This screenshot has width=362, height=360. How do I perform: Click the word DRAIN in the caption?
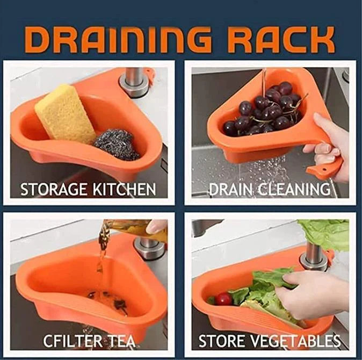229,189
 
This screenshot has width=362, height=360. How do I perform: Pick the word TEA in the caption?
121,341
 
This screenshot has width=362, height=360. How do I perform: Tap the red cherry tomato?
223,299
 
